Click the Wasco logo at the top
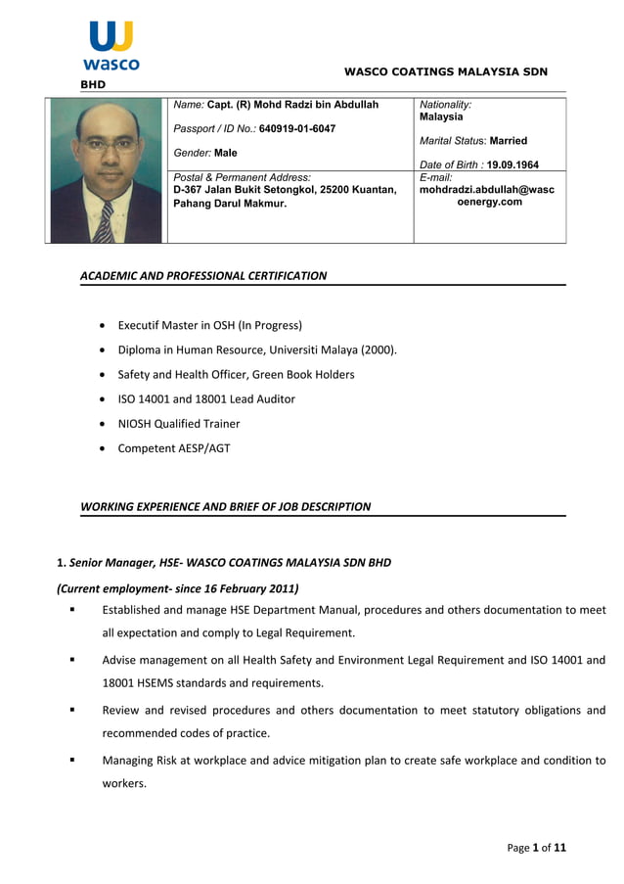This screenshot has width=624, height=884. point(111,47)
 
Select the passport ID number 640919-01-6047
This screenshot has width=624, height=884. point(296,129)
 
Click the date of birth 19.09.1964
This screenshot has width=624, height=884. point(513,164)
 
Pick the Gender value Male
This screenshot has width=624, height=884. point(225,154)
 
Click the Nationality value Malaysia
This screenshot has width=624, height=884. point(441,116)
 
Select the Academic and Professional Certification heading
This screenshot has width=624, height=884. point(203,276)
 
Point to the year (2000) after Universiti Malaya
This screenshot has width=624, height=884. point(378,349)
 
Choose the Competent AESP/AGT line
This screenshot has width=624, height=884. point(174,448)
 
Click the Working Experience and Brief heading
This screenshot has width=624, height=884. point(225,507)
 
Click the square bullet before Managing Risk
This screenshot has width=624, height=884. point(71,760)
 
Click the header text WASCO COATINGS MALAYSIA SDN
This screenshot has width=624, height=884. point(445,71)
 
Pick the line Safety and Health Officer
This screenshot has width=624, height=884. point(236,374)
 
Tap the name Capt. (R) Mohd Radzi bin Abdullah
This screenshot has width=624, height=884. point(292,105)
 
